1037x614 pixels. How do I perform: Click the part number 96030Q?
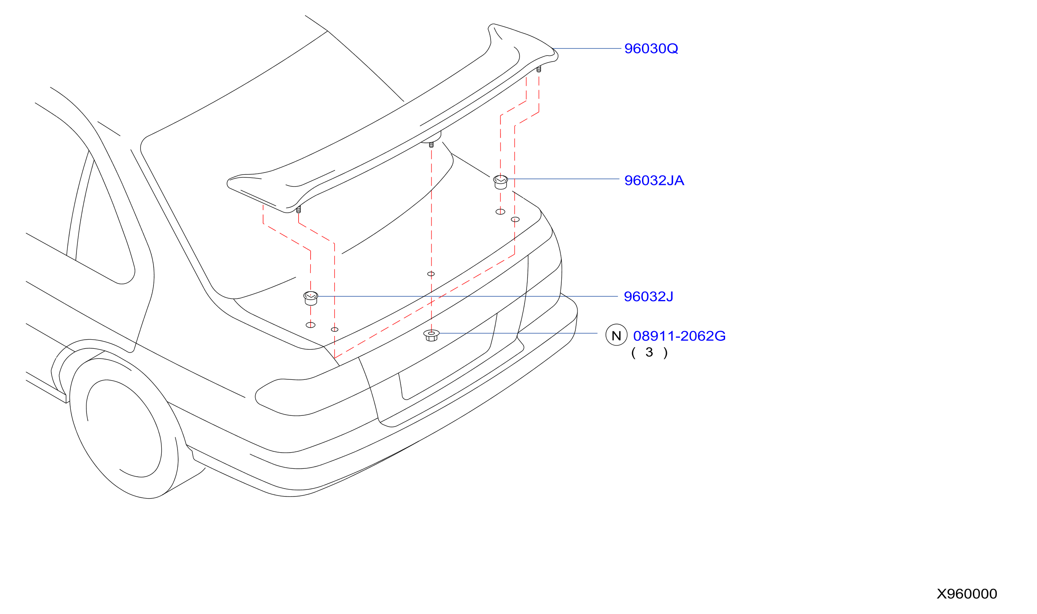(651, 48)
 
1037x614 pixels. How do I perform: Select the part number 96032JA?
(654, 180)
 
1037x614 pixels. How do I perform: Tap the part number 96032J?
(648, 297)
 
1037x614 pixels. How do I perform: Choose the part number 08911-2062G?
(679, 336)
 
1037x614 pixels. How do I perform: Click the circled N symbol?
(616, 335)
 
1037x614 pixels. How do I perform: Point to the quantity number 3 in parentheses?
(649, 352)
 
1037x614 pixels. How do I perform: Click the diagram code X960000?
(967, 594)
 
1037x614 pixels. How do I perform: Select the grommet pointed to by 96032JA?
(501, 182)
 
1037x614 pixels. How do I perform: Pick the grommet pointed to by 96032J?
(311, 298)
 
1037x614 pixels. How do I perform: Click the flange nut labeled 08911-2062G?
(431, 335)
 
